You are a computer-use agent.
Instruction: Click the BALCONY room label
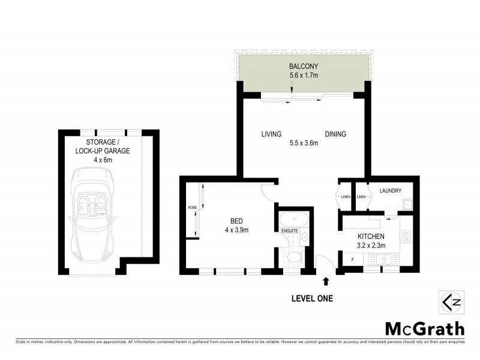click(x=303, y=66)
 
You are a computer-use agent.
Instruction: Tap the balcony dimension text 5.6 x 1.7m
click(x=303, y=76)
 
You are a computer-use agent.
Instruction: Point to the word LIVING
click(x=272, y=134)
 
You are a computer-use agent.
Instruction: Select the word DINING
click(x=336, y=134)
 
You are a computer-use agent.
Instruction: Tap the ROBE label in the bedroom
click(x=192, y=208)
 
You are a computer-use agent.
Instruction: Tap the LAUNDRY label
click(x=391, y=191)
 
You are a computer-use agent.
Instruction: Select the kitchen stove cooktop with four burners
click(x=406, y=236)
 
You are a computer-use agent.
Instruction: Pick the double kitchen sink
click(x=384, y=259)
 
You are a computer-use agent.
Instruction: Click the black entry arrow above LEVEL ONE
click(x=326, y=280)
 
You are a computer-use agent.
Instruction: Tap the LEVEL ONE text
click(x=311, y=298)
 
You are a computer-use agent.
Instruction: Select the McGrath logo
click(x=424, y=328)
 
